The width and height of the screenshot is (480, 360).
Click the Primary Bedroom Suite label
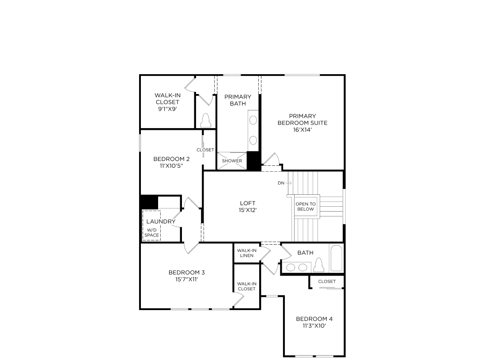click(x=302, y=119)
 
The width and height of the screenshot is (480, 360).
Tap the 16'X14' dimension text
click(x=302, y=129)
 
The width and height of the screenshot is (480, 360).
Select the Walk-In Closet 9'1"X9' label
click(x=167, y=102)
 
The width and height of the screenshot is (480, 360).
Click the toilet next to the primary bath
click(x=206, y=120)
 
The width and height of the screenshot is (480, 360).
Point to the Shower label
click(x=232, y=161)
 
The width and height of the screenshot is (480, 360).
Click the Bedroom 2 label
click(x=171, y=159)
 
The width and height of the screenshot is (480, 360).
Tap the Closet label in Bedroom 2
click(x=205, y=150)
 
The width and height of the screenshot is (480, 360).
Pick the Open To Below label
click(x=306, y=207)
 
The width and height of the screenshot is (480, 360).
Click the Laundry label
click(x=161, y=221)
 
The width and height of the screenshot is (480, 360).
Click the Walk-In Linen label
click(x=246, y=253)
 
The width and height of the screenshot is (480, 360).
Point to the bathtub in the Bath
click(x=336, y=258)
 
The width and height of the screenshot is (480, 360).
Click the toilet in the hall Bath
click(x=319, y=265)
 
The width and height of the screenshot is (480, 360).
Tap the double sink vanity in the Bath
click(x=297, y=267)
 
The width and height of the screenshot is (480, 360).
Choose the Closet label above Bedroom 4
click(x=327, y=281)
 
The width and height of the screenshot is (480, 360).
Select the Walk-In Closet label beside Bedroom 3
click(x=246, y=286)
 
